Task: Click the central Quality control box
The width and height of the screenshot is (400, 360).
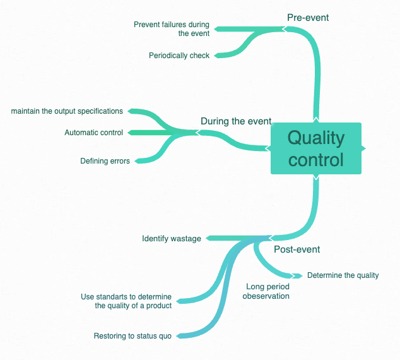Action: pyautogui.click(x=315, y=148)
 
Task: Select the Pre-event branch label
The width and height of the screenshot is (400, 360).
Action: pyautogui.click(x=308, y=18)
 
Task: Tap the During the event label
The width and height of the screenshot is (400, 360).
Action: pyautogui.click(x=236, y=121)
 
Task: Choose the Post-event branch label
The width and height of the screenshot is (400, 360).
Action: pyautogui.click(x=297, y=249)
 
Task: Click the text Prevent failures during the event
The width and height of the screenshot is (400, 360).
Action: pyautogui.click(x=172, y=29)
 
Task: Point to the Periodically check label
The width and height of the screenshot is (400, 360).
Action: pyautogui.click(x=179, y=56)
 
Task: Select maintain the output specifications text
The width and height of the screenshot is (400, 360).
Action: pyautogui.click(x=67, y=111)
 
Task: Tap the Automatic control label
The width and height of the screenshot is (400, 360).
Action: pyautogui.click(x=94, y=133)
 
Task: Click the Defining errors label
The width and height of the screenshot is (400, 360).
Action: pyautogui.click(x=105, y=161)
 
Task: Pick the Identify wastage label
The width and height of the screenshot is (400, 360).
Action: pyautogui.click(x=172, y=239)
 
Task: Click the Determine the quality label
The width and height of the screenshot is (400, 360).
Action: pyautogui.click(x=343, y=275)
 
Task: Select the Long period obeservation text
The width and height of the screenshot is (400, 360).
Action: pyautogui.click(x=266, y=291)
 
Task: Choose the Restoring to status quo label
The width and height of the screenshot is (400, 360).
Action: pyautogui.click(x=132, y=336)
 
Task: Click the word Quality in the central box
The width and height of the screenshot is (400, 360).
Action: pyautogui.click(x=316, y=138)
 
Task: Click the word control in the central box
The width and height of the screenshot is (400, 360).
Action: pyautogui.click(x=316, y=159)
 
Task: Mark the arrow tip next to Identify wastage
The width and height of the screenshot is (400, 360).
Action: pyautogui.click(x=208, y=239)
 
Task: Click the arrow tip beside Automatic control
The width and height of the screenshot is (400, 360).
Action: pyautogui.click(x=129, y=133)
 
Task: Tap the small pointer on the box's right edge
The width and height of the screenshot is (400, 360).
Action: pyautogui.click(x=363, y=148)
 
